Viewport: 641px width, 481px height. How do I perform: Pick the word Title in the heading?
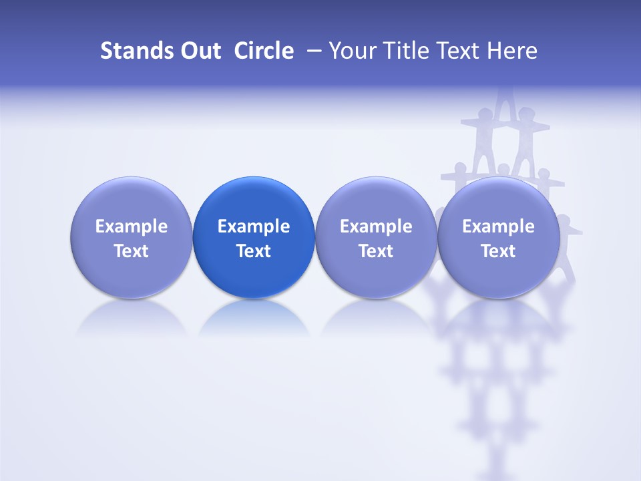pos(408,51)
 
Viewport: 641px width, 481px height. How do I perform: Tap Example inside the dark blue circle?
pos(254,226)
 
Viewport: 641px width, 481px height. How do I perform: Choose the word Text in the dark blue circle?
pos(254,251)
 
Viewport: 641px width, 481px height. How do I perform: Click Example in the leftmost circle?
pos(131,226)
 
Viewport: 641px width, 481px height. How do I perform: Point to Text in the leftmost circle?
pos(131,251)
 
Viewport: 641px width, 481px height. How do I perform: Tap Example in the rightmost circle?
pos(498,226)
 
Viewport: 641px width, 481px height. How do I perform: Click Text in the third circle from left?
pos(376,251)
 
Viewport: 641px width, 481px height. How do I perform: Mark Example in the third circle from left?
pos(376,226)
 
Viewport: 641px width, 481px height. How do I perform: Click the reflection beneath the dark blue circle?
pos(254,317)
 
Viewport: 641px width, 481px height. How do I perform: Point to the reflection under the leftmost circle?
pos(131,317)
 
